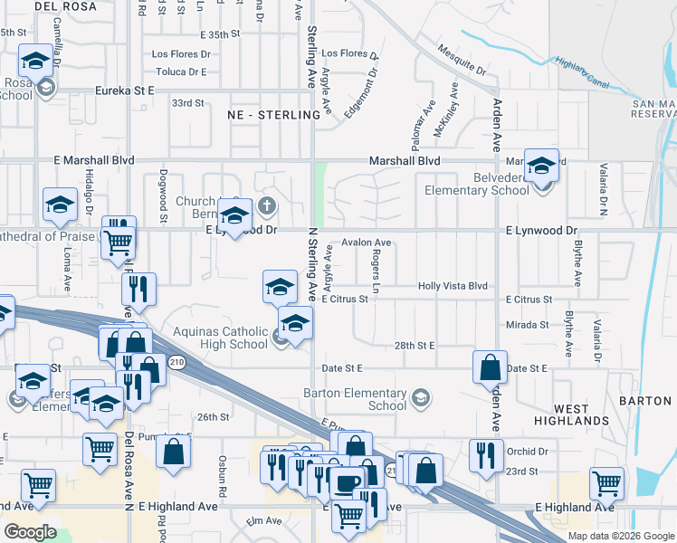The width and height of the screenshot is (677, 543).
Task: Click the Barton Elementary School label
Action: point(355,399)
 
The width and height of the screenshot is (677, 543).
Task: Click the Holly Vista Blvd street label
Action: point(453,286)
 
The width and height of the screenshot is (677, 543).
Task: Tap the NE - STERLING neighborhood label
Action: point(275,115)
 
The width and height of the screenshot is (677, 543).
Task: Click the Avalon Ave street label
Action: point(366,243)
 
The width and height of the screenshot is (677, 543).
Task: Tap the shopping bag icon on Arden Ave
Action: point(490,367)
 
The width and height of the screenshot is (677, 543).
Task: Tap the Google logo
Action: point(30,532)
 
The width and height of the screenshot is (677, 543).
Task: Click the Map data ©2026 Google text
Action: point(621,536)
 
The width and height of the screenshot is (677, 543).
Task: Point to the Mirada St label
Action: point(528,324)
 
